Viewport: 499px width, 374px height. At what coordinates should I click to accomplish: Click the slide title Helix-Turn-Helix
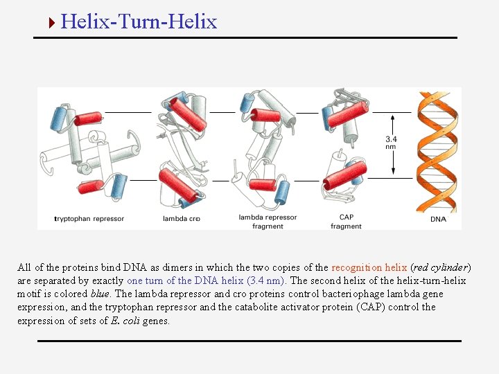(x=139, y=21)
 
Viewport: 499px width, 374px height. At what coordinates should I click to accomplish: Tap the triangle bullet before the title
(x=51, y=22)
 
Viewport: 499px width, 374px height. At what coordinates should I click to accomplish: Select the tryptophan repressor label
(x=89, y=219)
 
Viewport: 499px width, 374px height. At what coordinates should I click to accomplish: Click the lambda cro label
(x=181, y=219)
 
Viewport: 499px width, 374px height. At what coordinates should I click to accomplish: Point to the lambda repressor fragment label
(x=268, y=222)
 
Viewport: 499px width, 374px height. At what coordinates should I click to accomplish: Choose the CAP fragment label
(x=346, y=222)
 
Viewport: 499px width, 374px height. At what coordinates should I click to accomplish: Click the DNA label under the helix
(x=438, y=220)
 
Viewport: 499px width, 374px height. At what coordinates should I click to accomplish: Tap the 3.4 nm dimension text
(x=392, y=143)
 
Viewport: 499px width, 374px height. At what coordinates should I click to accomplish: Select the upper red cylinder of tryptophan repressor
(x=89, y=118)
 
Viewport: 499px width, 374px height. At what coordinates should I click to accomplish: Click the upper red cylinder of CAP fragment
(x=348, y=114)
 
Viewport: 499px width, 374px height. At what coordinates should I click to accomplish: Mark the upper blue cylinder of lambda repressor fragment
(x=247, y=100)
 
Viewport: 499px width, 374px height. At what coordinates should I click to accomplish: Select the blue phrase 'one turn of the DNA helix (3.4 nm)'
(x=207, y=280)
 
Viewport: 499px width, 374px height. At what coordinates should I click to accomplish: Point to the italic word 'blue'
(x=100, y=294)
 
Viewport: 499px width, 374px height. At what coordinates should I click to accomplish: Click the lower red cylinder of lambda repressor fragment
(x=263, y=184)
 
